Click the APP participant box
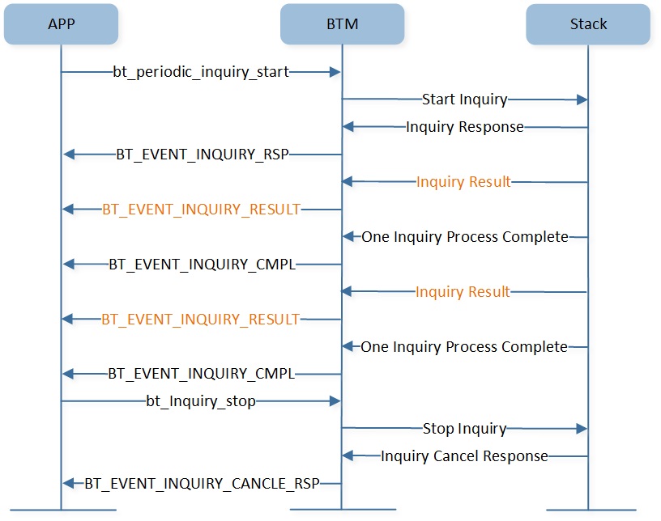tap(61, 24)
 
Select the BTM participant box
tap(343, 24)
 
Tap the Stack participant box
tap(588, 24)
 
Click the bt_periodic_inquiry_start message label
tap(201, 72)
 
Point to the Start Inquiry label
tap(464, 100)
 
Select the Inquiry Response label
tap(464, 127)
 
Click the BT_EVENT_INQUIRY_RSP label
tap(203, 155)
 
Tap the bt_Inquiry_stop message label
tap(201, 401)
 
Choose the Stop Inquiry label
tap(464, 429)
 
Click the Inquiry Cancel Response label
tap(464, 456)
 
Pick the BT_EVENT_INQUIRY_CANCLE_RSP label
tap(202, 484)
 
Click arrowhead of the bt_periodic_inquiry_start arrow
tap(335, 72)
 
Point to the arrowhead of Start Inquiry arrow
tap(582, 100)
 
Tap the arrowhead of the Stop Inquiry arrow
tap(582, 429)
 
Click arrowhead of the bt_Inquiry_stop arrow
tap(335, 401)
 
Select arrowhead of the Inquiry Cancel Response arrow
tap(348, 455)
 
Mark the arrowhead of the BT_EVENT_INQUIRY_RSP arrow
tap(69, 155)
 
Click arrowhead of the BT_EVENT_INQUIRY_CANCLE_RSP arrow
tap(69, 484)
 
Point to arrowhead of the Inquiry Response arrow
tap(348, 126)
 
